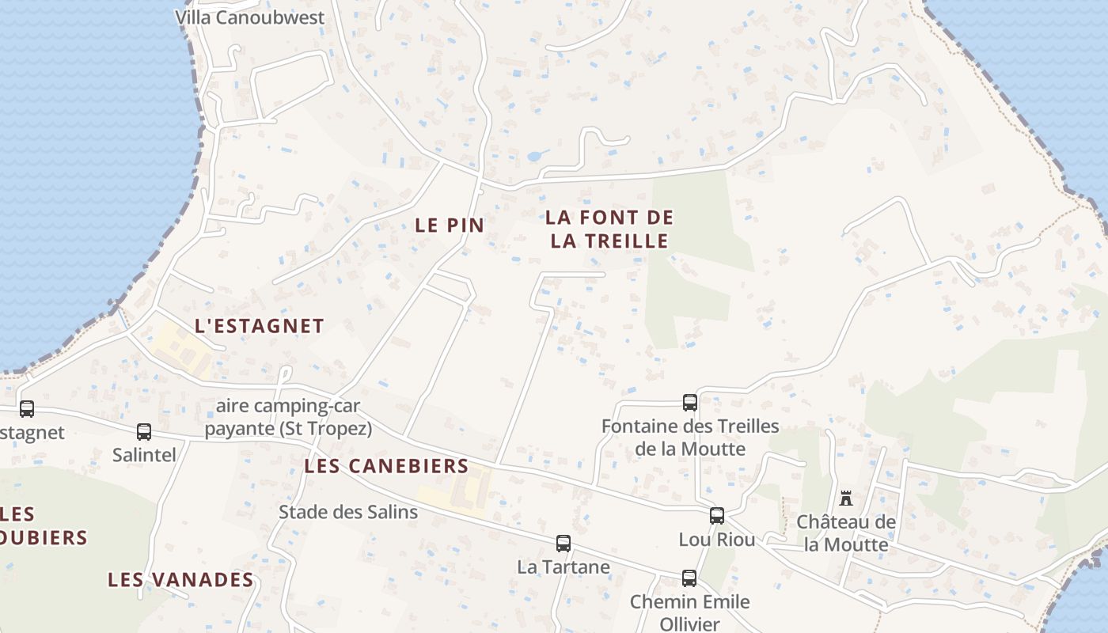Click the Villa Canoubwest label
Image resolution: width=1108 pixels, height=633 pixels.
pos(249,17)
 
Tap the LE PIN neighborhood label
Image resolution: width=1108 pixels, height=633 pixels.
pos(450,225)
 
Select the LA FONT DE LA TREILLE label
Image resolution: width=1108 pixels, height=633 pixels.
pos(609,229)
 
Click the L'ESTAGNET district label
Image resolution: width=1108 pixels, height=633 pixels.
pos(260,326)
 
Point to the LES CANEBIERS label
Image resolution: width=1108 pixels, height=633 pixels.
pos(386,466)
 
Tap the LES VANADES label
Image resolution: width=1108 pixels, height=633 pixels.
pos(180,580)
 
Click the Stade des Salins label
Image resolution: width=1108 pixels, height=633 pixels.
pos(348,512)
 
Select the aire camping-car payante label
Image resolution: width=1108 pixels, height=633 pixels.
pos(288,418)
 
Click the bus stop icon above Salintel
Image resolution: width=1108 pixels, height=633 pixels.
pos(144,432)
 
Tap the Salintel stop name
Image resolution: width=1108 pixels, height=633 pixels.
pos(144,455)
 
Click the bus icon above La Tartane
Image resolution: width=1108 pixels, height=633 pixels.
pos(563,544)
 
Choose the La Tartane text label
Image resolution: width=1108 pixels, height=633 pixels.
pos(563,567)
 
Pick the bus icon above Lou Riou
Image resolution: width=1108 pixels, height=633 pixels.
pos(717,516)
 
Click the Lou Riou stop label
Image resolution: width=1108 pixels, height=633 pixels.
pos(717,540)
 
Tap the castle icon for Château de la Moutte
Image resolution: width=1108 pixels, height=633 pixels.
pos(846,498)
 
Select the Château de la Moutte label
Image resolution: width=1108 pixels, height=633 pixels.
pos(846,533)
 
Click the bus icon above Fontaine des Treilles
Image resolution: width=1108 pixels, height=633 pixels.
pos(690,403)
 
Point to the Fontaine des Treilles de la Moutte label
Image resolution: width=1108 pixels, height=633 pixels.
pos(690,438)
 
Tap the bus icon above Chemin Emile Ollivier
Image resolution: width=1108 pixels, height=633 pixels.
pos(689,578)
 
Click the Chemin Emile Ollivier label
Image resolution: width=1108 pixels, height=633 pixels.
pos(689,612)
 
